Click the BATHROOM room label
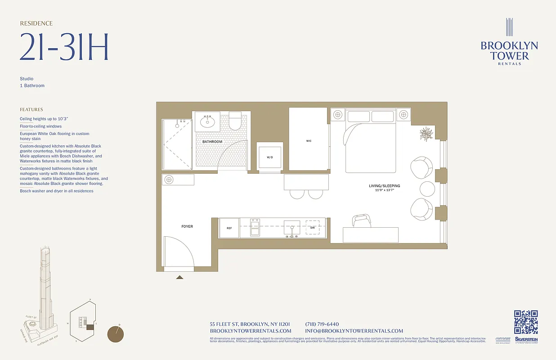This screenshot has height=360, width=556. point(212,142)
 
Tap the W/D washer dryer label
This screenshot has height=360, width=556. point(270,157)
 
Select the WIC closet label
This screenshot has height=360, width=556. point(309,141)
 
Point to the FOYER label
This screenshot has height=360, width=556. point(187,226)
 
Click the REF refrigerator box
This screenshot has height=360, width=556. point(229,228)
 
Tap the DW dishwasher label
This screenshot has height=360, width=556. point(313,228)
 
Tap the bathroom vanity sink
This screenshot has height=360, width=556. point(207,121)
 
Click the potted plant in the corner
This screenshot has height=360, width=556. point(426,134)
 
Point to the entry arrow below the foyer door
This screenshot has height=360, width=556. point(179,277)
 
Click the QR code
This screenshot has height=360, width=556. point(526,322)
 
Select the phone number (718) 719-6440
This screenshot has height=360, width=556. point(322,324)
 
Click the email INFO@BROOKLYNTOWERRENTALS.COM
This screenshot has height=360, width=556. point(354,331)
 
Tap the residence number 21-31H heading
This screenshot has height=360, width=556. point(64,47)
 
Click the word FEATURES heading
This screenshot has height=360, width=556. point(31,109)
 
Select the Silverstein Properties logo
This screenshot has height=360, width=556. point(526,340)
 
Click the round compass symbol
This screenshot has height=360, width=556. point(116,334)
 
